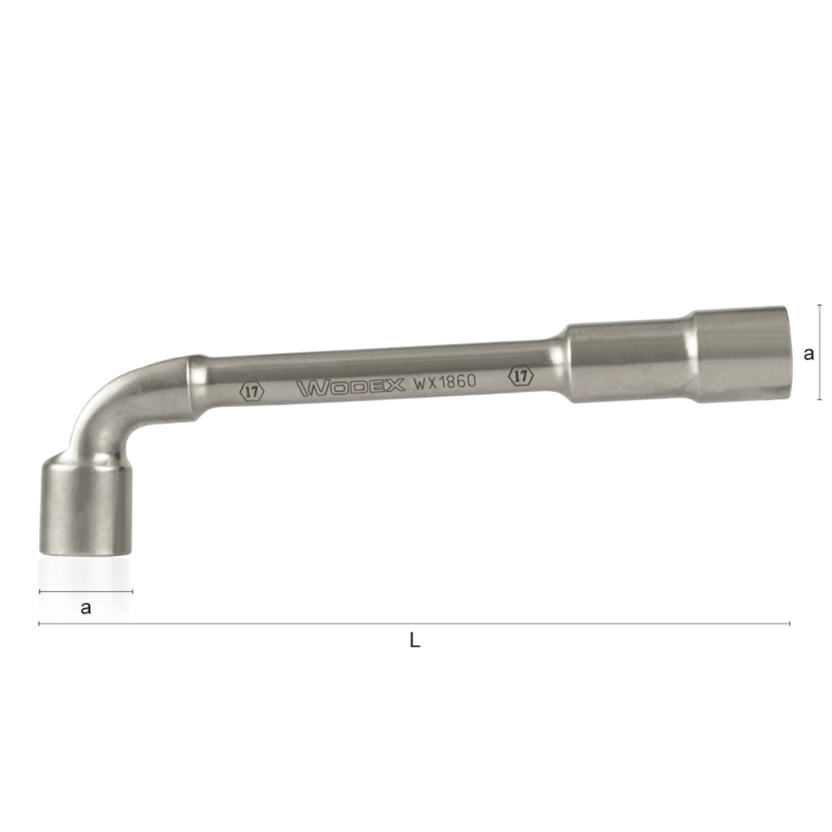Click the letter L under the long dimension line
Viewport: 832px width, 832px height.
[x=414, y=641]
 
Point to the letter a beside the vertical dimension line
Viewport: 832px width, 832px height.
[x=809, y=354]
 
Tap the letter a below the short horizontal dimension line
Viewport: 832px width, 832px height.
[x=86, y=607]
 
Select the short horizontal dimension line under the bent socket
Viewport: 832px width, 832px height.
[x=86, y=591]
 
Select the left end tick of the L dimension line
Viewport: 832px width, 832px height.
[x=39, y=624]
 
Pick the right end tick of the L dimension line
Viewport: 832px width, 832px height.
[x=790, y=624]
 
